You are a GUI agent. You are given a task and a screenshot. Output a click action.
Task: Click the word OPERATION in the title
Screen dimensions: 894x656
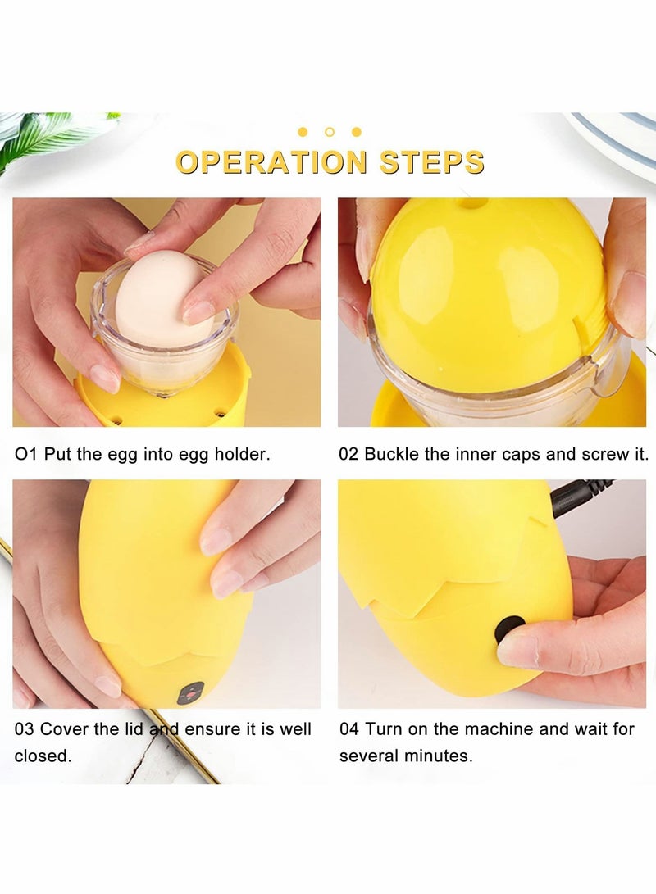pos(271,161)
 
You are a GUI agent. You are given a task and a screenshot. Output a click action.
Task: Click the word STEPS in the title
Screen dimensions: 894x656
pos(431,161)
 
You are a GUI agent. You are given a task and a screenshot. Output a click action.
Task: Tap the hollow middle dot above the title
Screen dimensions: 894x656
pos(329,131)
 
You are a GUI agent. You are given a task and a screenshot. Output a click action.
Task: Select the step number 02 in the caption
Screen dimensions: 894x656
pos(348,454)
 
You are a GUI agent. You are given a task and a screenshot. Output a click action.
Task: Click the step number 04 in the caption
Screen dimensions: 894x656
pos(349,728)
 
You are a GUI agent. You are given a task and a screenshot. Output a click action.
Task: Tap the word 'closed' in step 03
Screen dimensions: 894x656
pos(42,756)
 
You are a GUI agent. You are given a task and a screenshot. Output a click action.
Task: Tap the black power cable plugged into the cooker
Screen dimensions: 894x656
pos(579,497)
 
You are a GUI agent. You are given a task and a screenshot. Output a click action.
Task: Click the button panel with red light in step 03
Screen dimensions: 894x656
pos(190,693)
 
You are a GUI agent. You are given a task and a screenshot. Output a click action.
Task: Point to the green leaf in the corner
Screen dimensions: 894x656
pos(49,135)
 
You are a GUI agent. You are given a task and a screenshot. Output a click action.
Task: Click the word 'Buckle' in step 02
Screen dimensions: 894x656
pos(390,454)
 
